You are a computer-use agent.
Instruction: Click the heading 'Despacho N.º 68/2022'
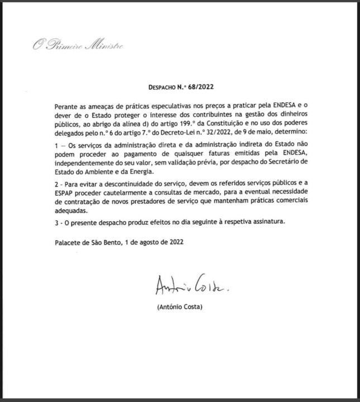coord(180,87)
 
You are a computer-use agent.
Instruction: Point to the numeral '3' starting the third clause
coord(56,222)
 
